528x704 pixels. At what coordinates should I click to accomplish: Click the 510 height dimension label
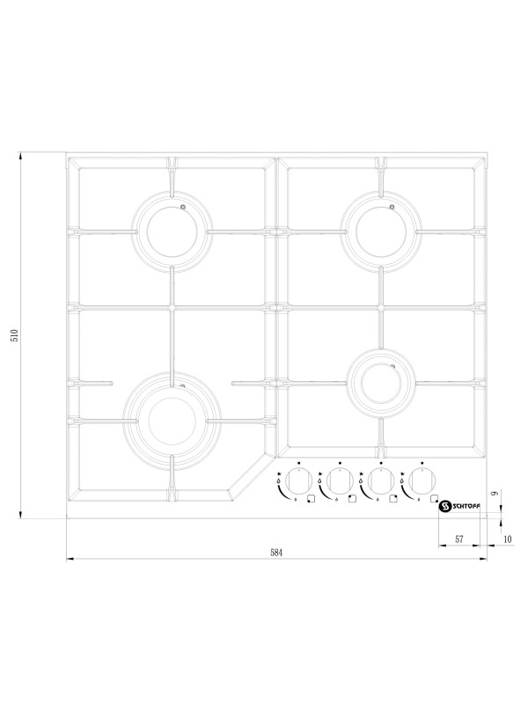[x=15, y=335]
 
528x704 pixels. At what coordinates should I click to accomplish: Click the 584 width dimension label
[x=276, y=553]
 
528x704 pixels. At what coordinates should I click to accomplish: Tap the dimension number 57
[x=458, y=539]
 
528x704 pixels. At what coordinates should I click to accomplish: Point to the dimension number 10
[x=508, y=539]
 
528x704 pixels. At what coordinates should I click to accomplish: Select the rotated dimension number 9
[x=495, y=494]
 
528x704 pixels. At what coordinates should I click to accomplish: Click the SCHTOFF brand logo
[x=460, y=507]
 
